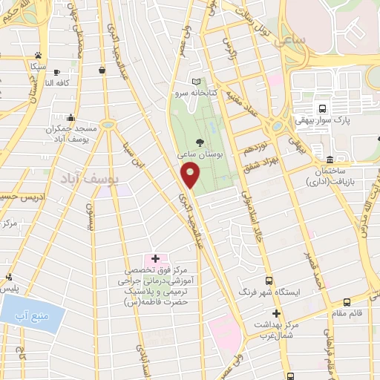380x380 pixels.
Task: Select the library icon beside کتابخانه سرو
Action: pyautogui.click(x=196, y=82)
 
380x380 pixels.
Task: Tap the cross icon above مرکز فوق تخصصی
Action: pyautogui.click(x=155, y=258)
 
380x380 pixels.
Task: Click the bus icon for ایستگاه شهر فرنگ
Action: pyautogui.click(x=268, y=281)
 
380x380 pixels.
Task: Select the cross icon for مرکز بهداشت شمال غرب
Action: pyautogui.click(x=275, y=314)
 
